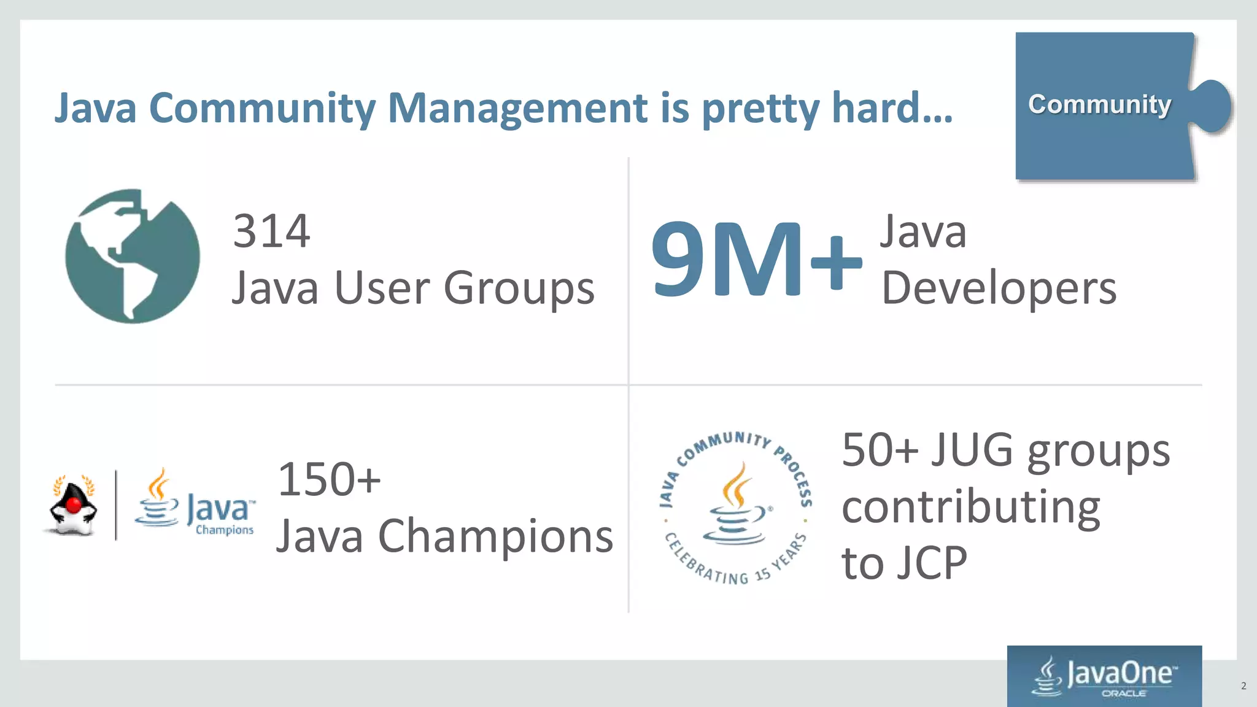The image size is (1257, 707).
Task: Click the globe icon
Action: tap(132, 256)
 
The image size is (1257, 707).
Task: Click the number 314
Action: tap(271, 231)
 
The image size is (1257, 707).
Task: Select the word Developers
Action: tap(999, 288)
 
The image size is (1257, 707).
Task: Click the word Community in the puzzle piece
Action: tap(1099, 104)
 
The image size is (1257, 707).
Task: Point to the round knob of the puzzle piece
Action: tap(1212, 106)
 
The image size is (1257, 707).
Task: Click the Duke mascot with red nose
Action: tap(73, 506)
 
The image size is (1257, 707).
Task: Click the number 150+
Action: tap(329, 479)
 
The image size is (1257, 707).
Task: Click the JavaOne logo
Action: tap(1105, 675)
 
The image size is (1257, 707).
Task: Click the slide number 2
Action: tap(1243, 686)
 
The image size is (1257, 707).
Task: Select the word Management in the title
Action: tap(517, 108)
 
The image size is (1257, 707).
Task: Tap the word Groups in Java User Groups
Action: tap(519, 288)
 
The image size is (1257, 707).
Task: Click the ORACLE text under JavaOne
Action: tap(1123, 693)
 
